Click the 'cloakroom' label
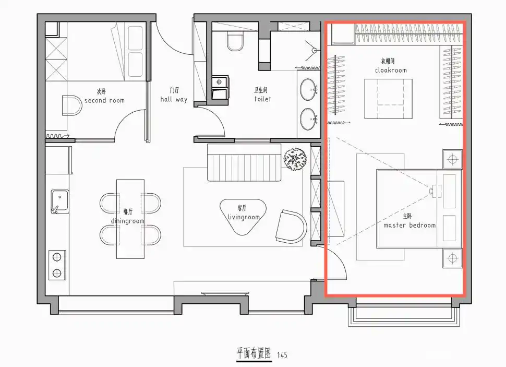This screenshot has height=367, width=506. click(x=390, y=70)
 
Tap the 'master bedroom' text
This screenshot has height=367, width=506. click(x=409, y=226)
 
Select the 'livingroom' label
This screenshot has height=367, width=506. click(x=244, y=217)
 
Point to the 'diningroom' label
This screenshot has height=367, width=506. click(x=127, y=221)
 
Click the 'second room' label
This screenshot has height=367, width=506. click(x=104, y=100)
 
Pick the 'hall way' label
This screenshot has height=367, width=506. click(x=174, y=99)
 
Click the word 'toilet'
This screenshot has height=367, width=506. click(x=262, y=99)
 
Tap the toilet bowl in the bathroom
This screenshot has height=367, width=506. click(x=236, y=40)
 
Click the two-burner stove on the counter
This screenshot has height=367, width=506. click(x=57, y=265)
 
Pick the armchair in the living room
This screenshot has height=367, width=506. click(x=291, y=226)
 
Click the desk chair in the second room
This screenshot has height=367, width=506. click(x=71, y=105)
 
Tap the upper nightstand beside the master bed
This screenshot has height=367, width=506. click(x=452, y=159)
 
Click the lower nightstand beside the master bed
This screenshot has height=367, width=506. click(x=452, y=258)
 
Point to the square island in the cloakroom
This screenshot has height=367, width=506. click(x=388, y=99)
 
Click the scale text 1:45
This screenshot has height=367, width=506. click(x=282, y=355)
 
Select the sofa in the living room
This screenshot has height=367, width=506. click(x=244, y=163)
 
